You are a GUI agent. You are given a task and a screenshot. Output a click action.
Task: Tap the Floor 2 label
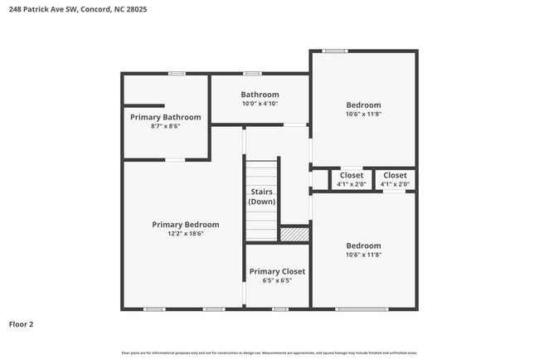pyautogui.click(x=21, y=324)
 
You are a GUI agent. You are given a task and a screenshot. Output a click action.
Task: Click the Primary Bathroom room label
pyautogui.click(x=165, y=117)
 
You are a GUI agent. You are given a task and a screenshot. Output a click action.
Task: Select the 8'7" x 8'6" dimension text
pyautogui.click(x=165, y=126)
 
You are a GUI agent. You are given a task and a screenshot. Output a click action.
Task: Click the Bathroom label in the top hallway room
pyautogui.click(x=260, y=95)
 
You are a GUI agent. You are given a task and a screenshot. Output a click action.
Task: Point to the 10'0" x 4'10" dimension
pyautogui.click(x=260, y=104)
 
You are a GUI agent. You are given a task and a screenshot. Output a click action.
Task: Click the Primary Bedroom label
pyautogui.click(x=185, y=225)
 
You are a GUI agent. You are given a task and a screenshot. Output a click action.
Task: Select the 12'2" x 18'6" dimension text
pyautogui.click(x=185, y=234)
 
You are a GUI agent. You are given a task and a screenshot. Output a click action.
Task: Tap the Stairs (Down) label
pyautogui.click(x=262, y=197)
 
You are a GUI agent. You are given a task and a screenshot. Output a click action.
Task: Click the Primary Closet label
pyautogui.click(x=277, y=271)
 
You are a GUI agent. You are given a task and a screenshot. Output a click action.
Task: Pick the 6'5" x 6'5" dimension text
pyautogui.click(x=277, y=280)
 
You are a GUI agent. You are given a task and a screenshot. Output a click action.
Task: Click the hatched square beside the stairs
pyautogui.click(x=294, y=235)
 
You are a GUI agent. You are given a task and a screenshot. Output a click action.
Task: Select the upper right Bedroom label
pyautogui.click(x=363, y=105)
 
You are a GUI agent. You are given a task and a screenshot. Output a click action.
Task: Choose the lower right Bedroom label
pyautogui.click(x=363, y=246)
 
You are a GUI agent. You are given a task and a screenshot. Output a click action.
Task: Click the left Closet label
pyautogui.click(x=352, y=175)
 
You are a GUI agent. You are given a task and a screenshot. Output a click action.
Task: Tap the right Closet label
pyautogui.click(x=395, y=175)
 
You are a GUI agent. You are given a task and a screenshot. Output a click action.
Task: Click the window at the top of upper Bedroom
pyautogui.click(x=335, y=51)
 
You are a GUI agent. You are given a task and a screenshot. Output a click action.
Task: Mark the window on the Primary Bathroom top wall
pyautogui.click(x=176, y=74)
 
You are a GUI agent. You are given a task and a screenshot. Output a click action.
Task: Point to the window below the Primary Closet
pyautogui.click(x=280, y=309)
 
